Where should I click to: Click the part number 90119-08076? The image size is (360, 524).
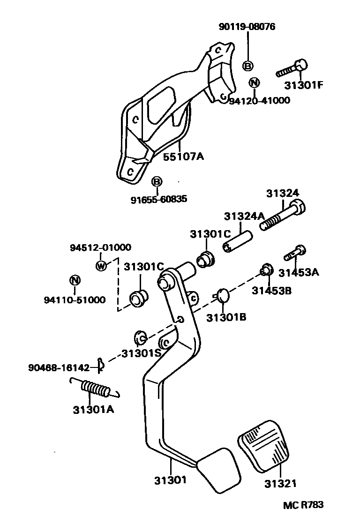pyautogui.click(x=247, y=27)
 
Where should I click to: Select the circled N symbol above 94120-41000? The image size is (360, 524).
pyautogui.click(x=254, y=82)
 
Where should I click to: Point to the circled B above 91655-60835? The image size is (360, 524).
pyautogui.click(x=157, y=182)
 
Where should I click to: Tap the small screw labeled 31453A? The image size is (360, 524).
pyautogui.click(x=294, y=253)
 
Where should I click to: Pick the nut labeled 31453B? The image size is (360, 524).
pyautogui.click(x=266, y=270)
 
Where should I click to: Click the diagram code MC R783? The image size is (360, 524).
pyautogui.click(x=303, y=505)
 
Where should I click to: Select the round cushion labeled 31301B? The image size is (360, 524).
pyautogui.click(x=223, y=296)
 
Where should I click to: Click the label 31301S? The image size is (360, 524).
pyautogui.click(x=141, y=353)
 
